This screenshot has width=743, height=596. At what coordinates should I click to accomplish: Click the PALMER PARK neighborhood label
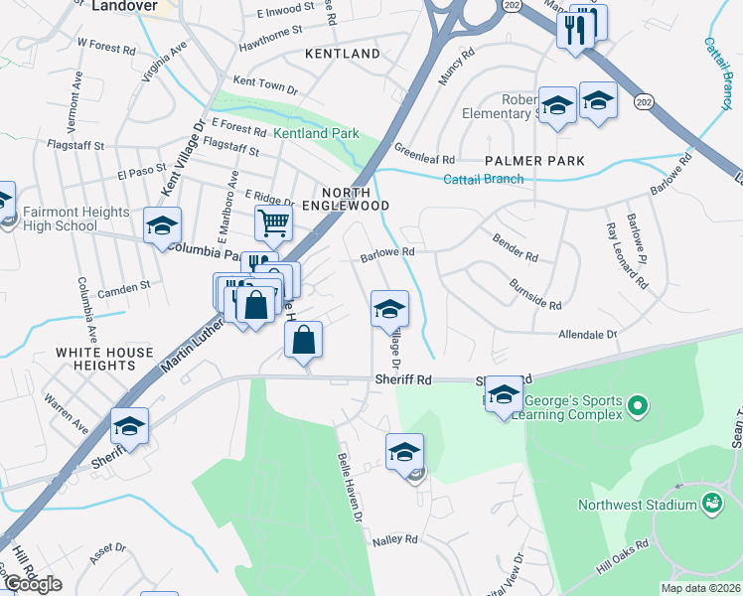533,161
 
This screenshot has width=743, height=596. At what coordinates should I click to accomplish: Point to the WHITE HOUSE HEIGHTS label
105,359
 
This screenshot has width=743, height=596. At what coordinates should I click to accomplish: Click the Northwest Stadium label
638,506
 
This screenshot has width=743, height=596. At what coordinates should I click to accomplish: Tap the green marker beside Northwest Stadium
711,506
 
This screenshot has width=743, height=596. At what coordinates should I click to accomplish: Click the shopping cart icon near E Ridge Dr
273,222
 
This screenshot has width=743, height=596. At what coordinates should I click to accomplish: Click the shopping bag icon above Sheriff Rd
304,340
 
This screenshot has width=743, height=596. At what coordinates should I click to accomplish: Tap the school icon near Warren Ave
129,427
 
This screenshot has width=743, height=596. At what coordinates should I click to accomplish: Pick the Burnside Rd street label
535,297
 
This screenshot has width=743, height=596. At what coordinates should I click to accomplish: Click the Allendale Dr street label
588,336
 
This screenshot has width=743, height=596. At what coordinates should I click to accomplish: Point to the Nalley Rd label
394,539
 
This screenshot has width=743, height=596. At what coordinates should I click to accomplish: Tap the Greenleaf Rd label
424,159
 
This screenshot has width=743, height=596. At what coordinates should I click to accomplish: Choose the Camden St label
124,284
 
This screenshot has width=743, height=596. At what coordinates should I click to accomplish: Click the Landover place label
125,6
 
